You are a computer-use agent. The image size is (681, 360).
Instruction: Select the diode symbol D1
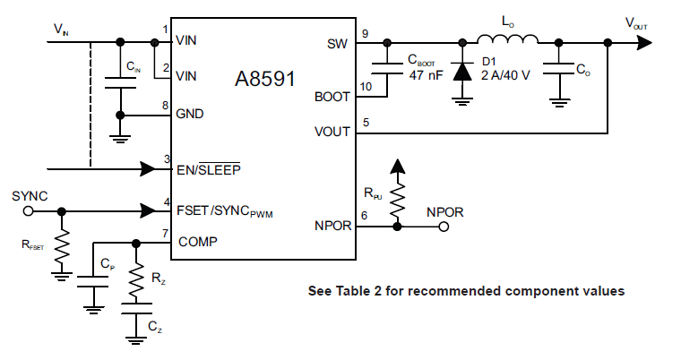(462, 71)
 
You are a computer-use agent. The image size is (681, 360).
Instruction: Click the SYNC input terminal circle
(28, 211)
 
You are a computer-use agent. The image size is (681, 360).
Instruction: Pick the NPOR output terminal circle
(443, 227)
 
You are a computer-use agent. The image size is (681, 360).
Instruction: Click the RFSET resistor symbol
(61, 248)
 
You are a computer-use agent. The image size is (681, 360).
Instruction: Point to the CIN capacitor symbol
(121, 82)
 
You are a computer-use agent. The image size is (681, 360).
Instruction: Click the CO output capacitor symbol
(558, 69)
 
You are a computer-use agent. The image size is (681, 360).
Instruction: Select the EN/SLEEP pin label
(208, 167)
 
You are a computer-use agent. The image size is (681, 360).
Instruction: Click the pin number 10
(365, 86)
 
